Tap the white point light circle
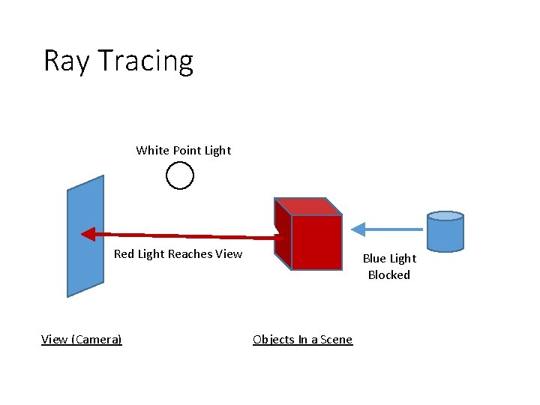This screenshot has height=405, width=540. [x=180, y=175]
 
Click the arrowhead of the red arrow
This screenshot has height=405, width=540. [x=88, y=233]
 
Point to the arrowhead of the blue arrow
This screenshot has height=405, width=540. [x=358, y=228]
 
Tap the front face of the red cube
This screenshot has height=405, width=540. [x=316, y=241]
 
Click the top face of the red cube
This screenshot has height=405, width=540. [x=307, y=206]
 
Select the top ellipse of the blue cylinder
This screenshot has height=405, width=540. [x=445, y=216]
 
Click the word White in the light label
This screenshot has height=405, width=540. [x=153, y=150]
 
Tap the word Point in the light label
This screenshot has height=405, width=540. [x=187, y=150]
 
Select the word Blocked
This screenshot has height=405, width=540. [x=389, y=274]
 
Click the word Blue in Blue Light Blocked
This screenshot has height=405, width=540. [x=374, y=258]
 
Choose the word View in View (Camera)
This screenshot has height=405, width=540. [x=53, y=339]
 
